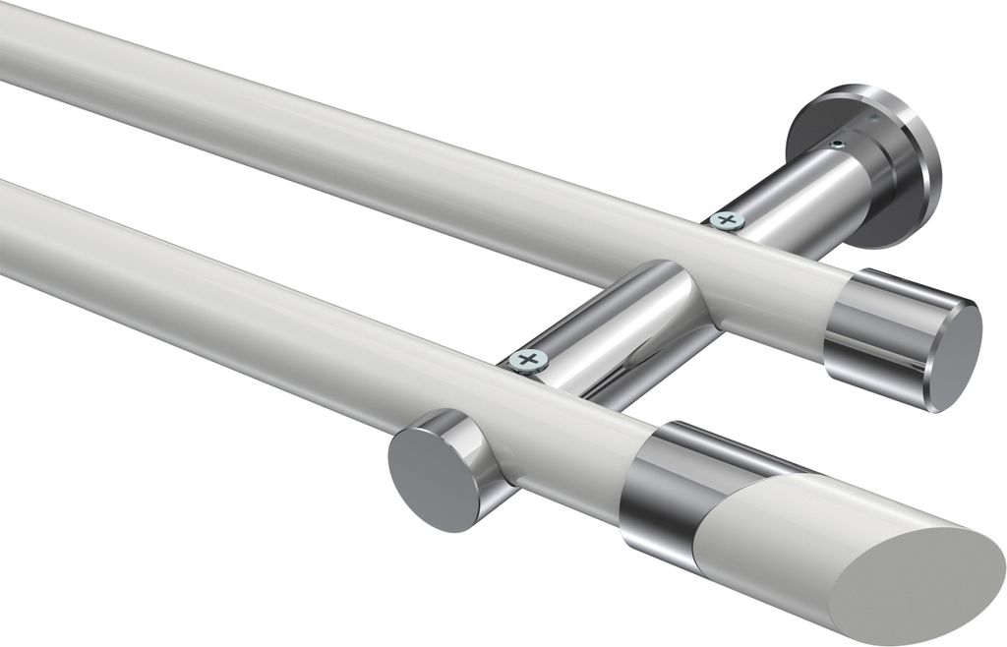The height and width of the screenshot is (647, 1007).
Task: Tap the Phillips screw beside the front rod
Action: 528,360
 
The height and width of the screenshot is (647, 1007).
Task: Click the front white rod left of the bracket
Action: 246,295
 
